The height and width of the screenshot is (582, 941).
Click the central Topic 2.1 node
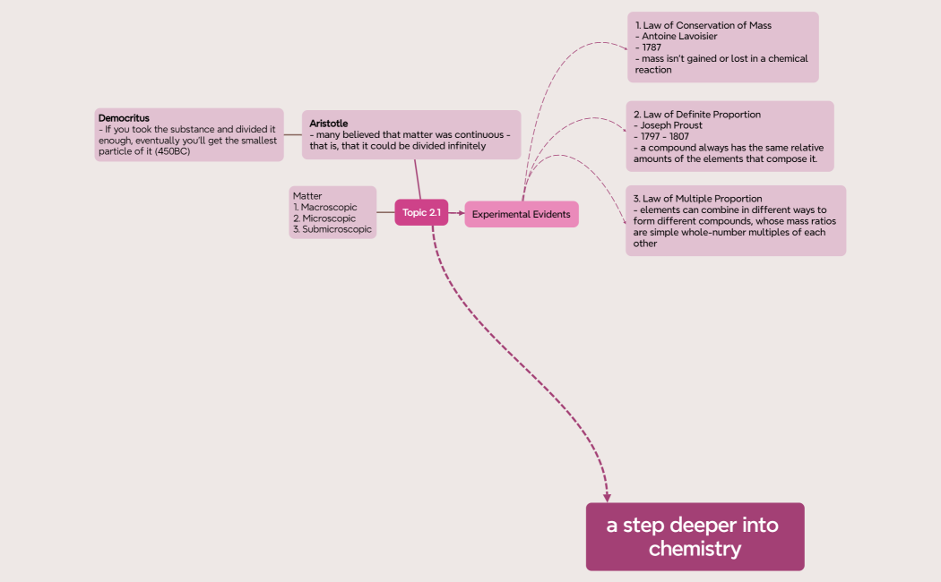(421, 212)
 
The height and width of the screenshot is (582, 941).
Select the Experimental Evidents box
(521, 214)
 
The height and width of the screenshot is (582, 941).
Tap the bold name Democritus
(124, 118)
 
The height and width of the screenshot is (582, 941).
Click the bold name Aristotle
(328, 123)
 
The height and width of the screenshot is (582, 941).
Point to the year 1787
(652, 47)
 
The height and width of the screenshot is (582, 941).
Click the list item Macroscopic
(328, 208)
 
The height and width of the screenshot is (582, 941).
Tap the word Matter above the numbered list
(307, 196)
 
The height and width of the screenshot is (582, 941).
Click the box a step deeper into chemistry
(695, 536)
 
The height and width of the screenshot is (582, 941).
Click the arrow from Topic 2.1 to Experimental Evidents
(456, 213)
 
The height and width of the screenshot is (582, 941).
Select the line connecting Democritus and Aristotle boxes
(292, 135)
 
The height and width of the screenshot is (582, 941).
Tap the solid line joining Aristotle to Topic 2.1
(417, 179)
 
